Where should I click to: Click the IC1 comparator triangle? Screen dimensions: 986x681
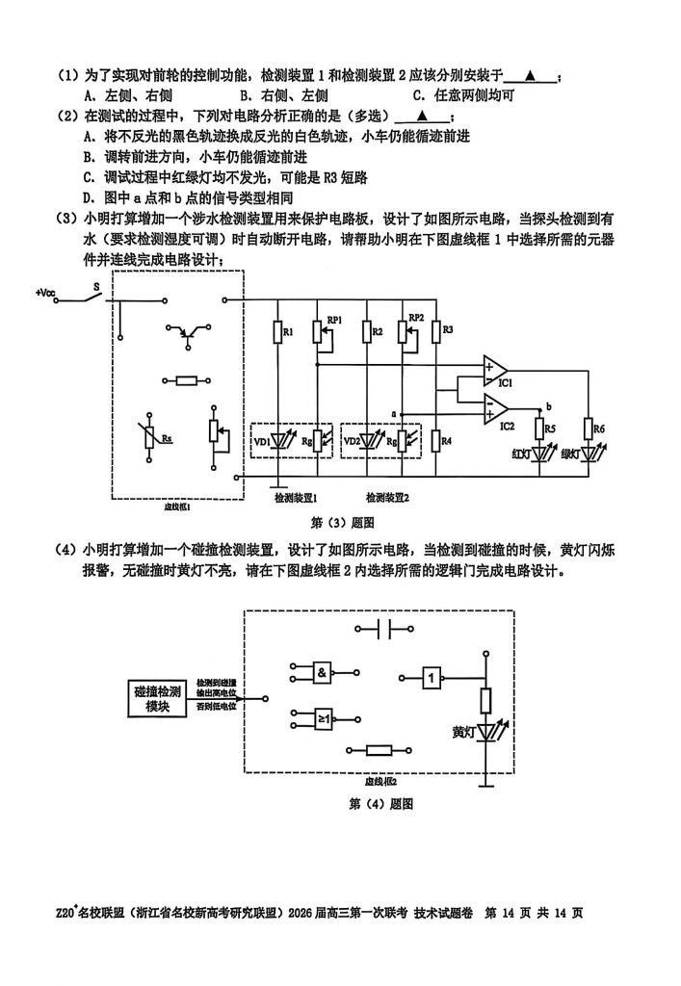497,371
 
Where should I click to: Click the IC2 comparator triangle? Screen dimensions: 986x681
497,409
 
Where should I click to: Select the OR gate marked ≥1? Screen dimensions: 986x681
321,717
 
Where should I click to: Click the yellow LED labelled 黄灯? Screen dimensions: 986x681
485,734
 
